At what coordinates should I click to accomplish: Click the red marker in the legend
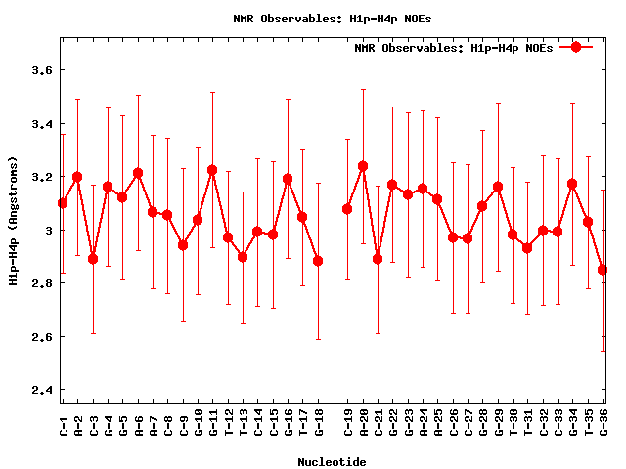[576, 47]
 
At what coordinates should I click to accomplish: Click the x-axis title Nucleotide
[333, 462]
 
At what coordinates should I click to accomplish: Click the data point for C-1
[63, 203]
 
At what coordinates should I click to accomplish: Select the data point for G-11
[212, 170]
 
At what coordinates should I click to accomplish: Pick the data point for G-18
[318, 261]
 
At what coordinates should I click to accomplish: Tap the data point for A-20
[363, 166]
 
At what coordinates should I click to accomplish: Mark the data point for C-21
[378, 259]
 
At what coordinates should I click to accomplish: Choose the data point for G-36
[603, 270]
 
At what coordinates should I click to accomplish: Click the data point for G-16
[288, 179]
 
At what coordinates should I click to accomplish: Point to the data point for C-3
[93, 259]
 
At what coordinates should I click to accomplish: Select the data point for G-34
[572, 184]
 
